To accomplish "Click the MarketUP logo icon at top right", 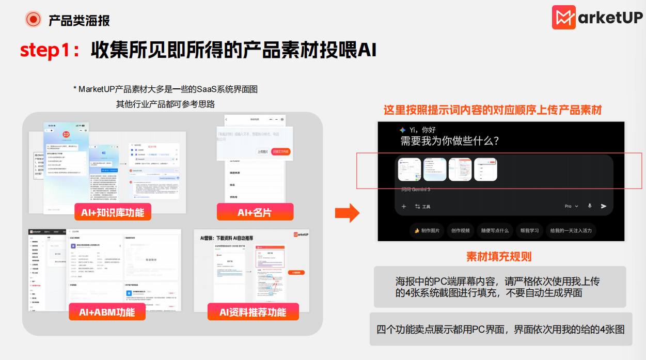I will [x=564, y=17].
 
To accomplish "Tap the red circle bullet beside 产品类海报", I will [x=34, y=20].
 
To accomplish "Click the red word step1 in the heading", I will [x=43, y=50].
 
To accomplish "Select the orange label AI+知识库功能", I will [x=112, y=212].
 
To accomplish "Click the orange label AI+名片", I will [x=255, y=212].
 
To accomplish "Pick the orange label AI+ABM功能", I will [x=107, y=311].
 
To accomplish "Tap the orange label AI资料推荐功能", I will [x=253, y=311].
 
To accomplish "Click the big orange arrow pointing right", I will [x=347, y=212].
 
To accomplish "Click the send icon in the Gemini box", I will [x=604, y=206].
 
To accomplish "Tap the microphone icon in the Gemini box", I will [x=590, y=206].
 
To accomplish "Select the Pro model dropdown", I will [x=571, y=206].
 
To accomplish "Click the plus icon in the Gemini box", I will [x=404, y=207].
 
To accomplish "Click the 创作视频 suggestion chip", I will [x=461, y=230].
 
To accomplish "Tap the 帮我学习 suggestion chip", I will [x=529, y=230].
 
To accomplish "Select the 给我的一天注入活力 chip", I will [x=571, y=230].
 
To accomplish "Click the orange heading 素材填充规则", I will [x=499, y=256].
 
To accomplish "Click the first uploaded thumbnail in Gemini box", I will [x=408, y=169].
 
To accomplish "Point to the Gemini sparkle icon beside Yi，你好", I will [x=403, y=130].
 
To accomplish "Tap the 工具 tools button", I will [x=422, y=207].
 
